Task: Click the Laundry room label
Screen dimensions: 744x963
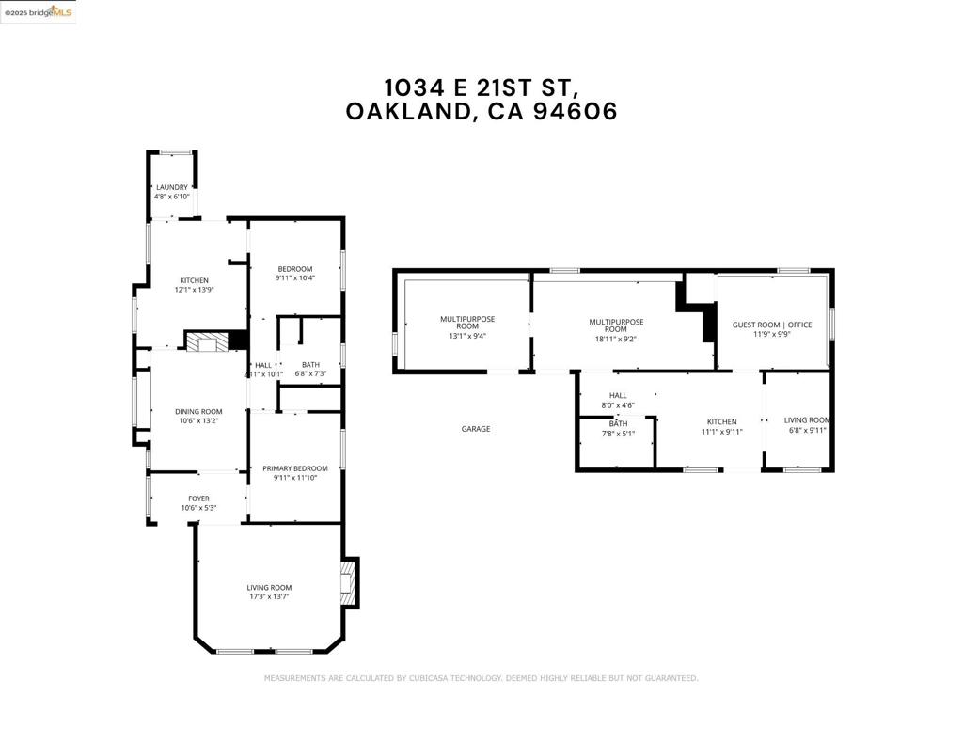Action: point(172,187)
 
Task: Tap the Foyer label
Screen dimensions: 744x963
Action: point(198,499)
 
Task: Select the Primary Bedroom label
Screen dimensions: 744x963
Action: point(295,468)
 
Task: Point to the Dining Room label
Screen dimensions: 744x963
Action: point(198,411)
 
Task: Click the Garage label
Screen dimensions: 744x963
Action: point(475,429)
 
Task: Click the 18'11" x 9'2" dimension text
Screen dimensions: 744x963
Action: point(616,340)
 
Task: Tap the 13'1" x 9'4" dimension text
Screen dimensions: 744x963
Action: point(467,336)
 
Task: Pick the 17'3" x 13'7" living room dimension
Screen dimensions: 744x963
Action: point(269,596)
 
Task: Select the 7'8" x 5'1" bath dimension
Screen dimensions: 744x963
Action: point(618,434)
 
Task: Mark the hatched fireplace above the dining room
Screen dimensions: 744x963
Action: point(206,342)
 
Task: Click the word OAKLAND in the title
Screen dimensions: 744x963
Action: point(409,112)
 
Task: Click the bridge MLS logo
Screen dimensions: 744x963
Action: point(38,11)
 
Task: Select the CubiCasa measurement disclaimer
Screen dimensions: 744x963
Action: point(481,678)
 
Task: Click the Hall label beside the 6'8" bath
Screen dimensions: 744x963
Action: point(263,365)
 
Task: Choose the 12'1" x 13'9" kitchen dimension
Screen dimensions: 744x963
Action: point(195,290)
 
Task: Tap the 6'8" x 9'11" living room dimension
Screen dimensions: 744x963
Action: point(807,430)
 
